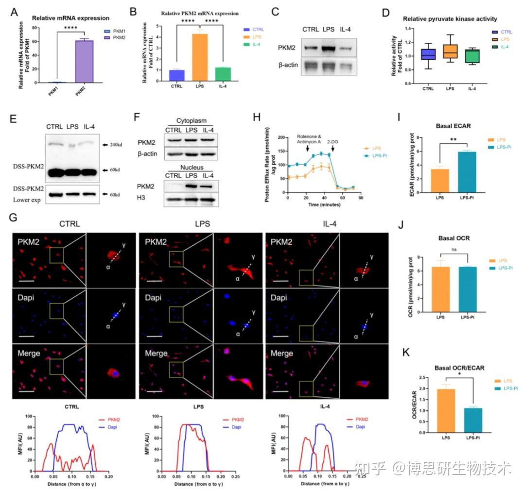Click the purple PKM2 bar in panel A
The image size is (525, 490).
click(84, 61)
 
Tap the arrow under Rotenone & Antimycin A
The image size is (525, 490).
click(308, 152)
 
